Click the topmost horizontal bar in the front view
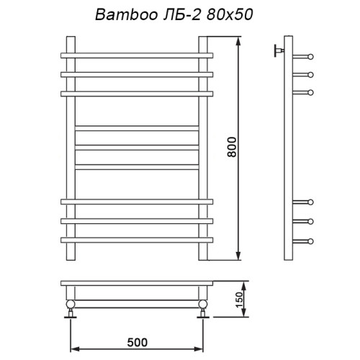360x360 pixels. [x=137, y=55]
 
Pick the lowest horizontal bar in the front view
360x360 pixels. [x=137, y=239]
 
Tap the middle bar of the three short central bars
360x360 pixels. [x=137, y=148]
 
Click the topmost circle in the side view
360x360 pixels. [x=312, y=56]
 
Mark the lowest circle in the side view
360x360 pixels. [x=312, y=239]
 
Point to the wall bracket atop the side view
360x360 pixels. [x=276, y=50]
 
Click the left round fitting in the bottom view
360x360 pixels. [x=71, y=305]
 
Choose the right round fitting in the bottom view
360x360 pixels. [x=204, y=305]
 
